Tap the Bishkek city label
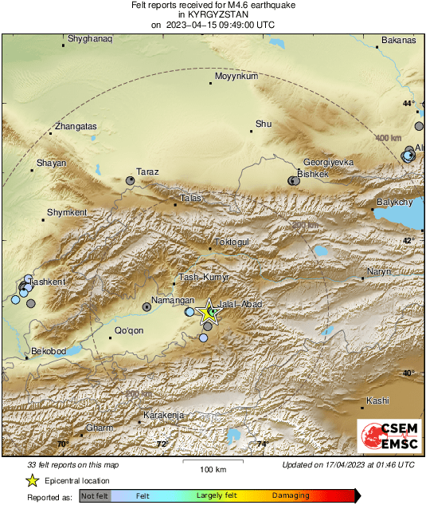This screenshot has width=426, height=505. pos(312,173)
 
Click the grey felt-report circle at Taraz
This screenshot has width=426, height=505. pos(131,181)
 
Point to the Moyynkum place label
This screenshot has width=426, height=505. pos(233,76)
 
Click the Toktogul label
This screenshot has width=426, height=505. pos(233,242)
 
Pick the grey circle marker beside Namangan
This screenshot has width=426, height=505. pos(147,306)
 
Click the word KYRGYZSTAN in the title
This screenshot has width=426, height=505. pos(212,14)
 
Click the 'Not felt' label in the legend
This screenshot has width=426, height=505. pos(96,495)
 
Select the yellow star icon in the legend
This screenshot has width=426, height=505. pos(32,480)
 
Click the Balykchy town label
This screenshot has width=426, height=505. pos(394,203)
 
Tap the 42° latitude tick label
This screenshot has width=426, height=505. pos(408,240)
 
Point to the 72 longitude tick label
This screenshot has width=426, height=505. pos(161,444)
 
